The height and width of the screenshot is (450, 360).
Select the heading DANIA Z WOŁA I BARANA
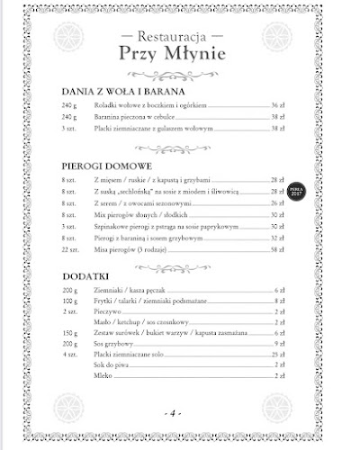(x=122, y=92)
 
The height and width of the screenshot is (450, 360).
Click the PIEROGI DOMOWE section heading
(x=106, y=166)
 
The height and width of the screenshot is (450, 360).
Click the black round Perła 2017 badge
(x=296, y=193)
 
